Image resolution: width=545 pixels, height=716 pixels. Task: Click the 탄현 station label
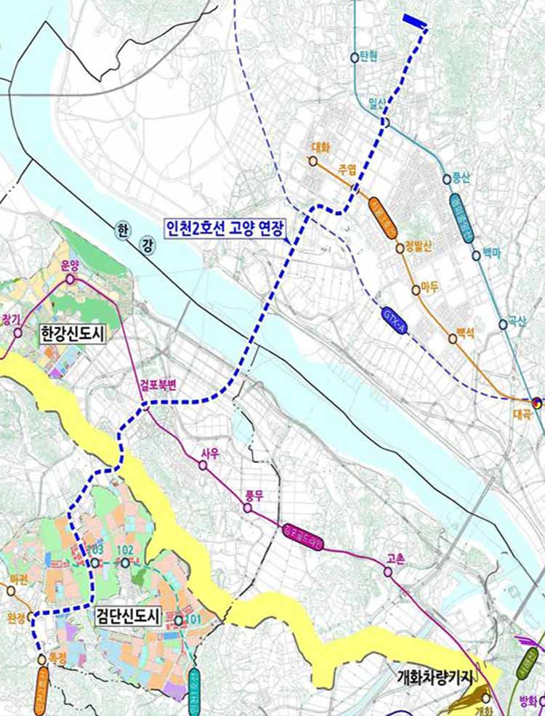coord(369,57)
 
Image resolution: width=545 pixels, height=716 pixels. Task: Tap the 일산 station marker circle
coord(386,123)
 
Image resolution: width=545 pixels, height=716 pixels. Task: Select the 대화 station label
coord(320,147)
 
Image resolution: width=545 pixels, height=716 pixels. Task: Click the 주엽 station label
coord(347,170)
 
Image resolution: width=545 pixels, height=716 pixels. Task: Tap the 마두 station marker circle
coord(416,289)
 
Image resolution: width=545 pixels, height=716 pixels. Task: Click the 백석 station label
coord(464,334)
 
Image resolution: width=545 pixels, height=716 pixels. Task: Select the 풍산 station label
coord(461,176)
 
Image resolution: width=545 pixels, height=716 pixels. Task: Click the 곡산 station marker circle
coord(503,324)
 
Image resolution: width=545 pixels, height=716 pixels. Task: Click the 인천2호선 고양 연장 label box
coord(226,231)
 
